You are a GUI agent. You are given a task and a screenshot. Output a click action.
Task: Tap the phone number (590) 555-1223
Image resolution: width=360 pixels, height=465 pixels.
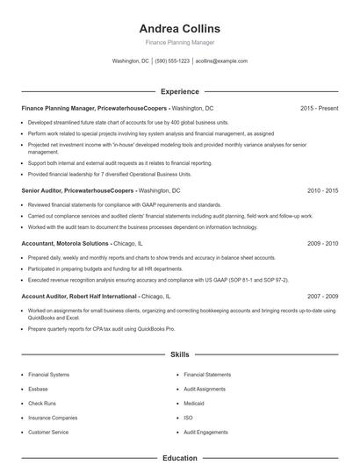click(172, 61)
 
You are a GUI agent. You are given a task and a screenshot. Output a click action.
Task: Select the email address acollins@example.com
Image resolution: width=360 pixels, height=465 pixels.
click(221, 61)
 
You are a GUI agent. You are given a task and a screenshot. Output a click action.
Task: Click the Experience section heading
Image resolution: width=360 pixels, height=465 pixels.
click(179, 90)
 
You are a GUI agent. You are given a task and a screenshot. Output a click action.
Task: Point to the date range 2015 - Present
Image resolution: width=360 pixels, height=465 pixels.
click(319, 108)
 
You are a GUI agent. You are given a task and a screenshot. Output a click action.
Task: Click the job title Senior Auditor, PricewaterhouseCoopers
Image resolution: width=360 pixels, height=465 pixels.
click(77, 190)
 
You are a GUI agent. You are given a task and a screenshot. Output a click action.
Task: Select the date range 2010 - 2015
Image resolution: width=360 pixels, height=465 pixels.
click(322, 190)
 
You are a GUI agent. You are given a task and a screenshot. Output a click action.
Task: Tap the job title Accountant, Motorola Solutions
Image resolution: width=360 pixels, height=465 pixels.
click(65, 243)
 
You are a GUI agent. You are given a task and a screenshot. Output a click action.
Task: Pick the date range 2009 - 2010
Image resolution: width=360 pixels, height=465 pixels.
click(322, 243)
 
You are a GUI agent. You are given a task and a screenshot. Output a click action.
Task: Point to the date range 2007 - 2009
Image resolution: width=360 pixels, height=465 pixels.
click(322, 297)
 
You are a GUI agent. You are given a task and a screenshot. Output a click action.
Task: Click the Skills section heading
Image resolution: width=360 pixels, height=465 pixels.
click(179, 354)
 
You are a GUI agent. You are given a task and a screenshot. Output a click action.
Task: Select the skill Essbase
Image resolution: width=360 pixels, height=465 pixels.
click(39, 389)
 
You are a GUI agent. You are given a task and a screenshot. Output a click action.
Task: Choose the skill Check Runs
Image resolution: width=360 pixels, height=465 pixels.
click(42, 403)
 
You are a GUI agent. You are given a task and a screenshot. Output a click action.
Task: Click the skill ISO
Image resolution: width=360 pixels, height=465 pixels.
click(189, 418)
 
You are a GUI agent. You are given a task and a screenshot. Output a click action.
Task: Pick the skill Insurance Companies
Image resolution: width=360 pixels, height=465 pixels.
click(51, 418)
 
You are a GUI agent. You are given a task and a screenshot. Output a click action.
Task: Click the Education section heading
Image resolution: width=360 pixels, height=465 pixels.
click(179, 457)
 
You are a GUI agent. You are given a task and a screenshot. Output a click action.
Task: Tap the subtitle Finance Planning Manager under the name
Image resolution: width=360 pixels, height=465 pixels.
click(179, 42)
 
